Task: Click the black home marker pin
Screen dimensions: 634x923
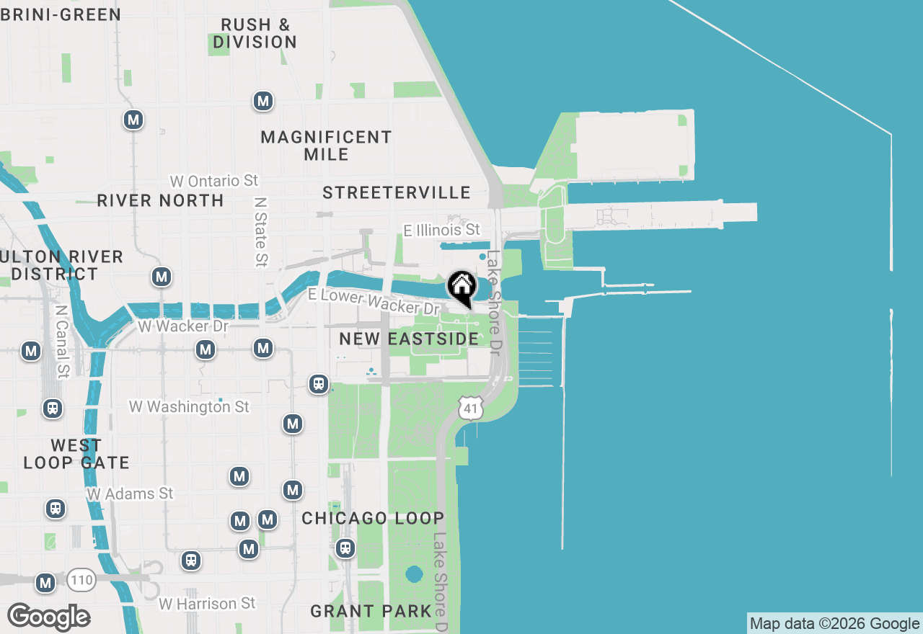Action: click(x=461, y=286)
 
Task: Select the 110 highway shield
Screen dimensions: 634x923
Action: click(x=81, y=579)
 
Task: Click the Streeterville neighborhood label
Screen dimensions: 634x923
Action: click(x=397, y=192)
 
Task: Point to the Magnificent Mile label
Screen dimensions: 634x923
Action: click(x=327, y=146)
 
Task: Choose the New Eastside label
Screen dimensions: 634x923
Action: click(x=409, y=339)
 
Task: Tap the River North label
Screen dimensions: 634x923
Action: click(x=160, y=200)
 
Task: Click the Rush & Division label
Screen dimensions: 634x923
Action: click(x=255, y=33)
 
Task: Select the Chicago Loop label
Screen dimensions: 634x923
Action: click(x=373, y=519)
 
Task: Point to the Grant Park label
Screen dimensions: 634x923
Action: click(x=371, y=612)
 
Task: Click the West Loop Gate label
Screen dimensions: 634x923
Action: click(x=76, y=454)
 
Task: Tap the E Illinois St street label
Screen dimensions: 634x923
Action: click(x=441, y=230)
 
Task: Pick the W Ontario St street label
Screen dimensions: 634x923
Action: click(x=214, y=180)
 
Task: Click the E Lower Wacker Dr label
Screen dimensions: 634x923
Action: click(x=374, y=301)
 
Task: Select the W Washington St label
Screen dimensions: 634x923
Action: click(x=189, y=407)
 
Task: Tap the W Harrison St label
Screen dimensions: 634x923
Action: click(x=207, y=603)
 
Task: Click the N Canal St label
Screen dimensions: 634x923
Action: click(x=61, y=341)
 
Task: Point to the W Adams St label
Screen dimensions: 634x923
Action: click(x=130, y=494)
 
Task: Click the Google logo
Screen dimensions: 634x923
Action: click(x=48, y=617)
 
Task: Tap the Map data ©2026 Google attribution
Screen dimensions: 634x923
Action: click(x=834, y=624)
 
